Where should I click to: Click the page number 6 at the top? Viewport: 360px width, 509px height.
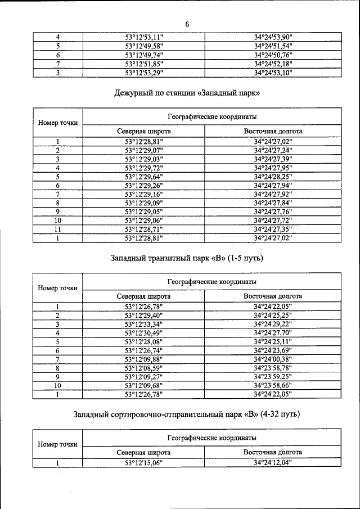coord(187,24)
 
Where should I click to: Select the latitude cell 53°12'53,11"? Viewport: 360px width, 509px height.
coord(144,38)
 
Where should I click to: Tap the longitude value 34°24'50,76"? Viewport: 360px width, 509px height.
coord(273,55)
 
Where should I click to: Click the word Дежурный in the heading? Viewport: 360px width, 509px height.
coord(136,92)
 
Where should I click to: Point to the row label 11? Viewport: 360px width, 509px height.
coord(57,229)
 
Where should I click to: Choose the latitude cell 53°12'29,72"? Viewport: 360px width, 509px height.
coord(144,168)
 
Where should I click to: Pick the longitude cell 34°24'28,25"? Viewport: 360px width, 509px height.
coord(273,177)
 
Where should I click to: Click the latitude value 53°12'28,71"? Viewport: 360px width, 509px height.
coord(144,229)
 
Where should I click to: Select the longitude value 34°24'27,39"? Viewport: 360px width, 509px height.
coord(273,159)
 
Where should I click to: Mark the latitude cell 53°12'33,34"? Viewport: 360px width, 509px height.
coord(144,325)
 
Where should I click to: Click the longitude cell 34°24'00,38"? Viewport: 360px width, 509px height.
coord(273,359)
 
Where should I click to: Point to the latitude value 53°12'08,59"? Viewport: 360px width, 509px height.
coord(144,368)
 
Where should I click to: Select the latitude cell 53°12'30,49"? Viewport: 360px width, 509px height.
coord(144,333)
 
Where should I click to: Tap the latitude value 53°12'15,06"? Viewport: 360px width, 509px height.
coord(144,463)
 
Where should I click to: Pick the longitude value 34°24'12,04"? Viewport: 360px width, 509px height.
coord(273,463)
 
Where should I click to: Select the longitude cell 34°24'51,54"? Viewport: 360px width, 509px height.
coord(273,46)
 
